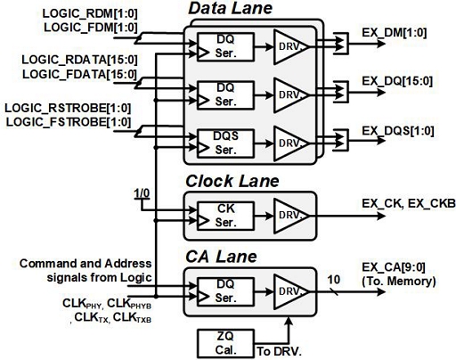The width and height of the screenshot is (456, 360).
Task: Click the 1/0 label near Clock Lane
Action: click(x=140, y=192)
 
